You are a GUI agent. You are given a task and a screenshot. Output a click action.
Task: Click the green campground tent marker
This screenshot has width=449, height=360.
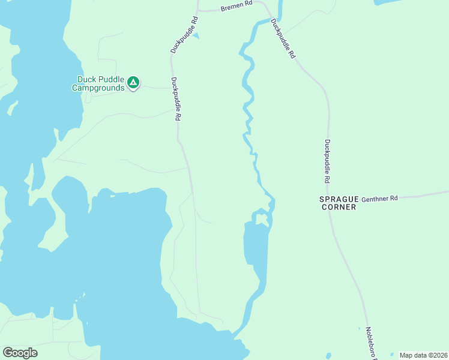[x=133, y=82]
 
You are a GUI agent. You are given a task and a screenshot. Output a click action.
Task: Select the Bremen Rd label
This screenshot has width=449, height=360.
[x=237, y=7]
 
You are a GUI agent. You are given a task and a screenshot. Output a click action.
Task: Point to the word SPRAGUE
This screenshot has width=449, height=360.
[x=339, y=198]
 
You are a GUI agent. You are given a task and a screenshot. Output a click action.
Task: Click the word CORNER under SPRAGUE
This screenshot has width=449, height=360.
[x=339, y=207]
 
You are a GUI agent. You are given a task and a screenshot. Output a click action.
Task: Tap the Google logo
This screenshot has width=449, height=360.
[x=20, y=353]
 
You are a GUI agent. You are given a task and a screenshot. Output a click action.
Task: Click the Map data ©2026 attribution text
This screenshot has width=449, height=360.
[x=423, y=355]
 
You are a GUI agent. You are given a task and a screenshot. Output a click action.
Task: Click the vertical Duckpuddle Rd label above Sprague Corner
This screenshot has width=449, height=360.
[x=328, y=161]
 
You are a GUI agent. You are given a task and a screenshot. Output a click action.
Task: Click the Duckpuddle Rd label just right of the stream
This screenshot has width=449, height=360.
[x=283, y=38]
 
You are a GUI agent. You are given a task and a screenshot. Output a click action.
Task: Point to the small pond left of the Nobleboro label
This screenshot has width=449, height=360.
[x=359, y=328]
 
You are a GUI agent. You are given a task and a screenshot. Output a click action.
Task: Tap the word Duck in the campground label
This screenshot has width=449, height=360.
[x=86, y=79]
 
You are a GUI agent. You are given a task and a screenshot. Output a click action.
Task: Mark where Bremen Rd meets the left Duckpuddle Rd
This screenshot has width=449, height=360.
[x=199, y=10]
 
